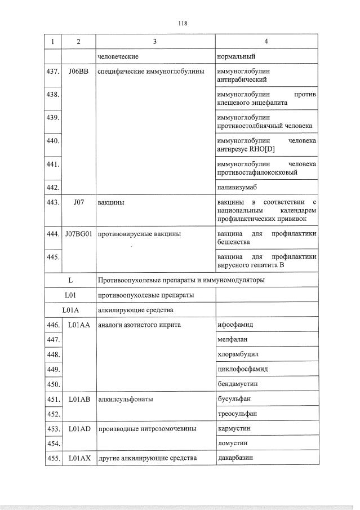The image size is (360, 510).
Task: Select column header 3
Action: (155, 42)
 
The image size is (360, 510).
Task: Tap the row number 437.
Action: (52, 72)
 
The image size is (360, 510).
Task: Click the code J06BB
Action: (78, 72)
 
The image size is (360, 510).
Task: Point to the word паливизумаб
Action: (236, 187)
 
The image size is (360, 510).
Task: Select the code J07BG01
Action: (78, 233)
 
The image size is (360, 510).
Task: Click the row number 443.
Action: (52, 202)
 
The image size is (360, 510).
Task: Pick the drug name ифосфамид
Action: (235, 325)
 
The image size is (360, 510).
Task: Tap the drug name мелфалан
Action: (233, 340)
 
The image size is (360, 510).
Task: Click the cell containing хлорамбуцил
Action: (238, 354)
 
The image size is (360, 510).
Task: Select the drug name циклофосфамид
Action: (242, 369)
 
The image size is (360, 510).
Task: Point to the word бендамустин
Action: (238, 384)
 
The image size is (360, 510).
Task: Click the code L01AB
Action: (78, 399)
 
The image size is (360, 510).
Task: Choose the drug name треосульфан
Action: (238, 414)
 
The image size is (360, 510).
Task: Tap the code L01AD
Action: (78, 429)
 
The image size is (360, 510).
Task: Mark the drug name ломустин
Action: (232, 444)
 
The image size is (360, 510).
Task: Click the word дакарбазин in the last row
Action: (235, 458)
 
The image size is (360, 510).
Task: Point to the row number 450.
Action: (52, 384)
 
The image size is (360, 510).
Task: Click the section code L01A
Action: (70, 310)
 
